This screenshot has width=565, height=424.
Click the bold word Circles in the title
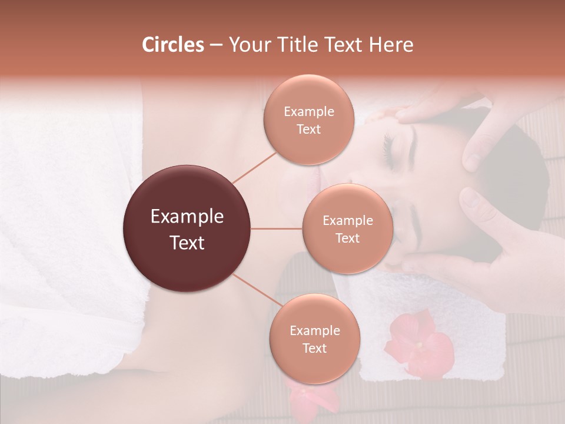[x=173, y=45]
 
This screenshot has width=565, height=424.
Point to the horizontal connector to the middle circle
[x=277, y=228]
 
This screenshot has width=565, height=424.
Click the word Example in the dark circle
[x=187, y=217]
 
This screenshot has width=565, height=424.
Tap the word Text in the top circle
[x=308, y=130]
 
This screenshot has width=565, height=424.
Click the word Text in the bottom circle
[x=314, y=349]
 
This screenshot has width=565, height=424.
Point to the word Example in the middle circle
[x=347, y=221]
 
